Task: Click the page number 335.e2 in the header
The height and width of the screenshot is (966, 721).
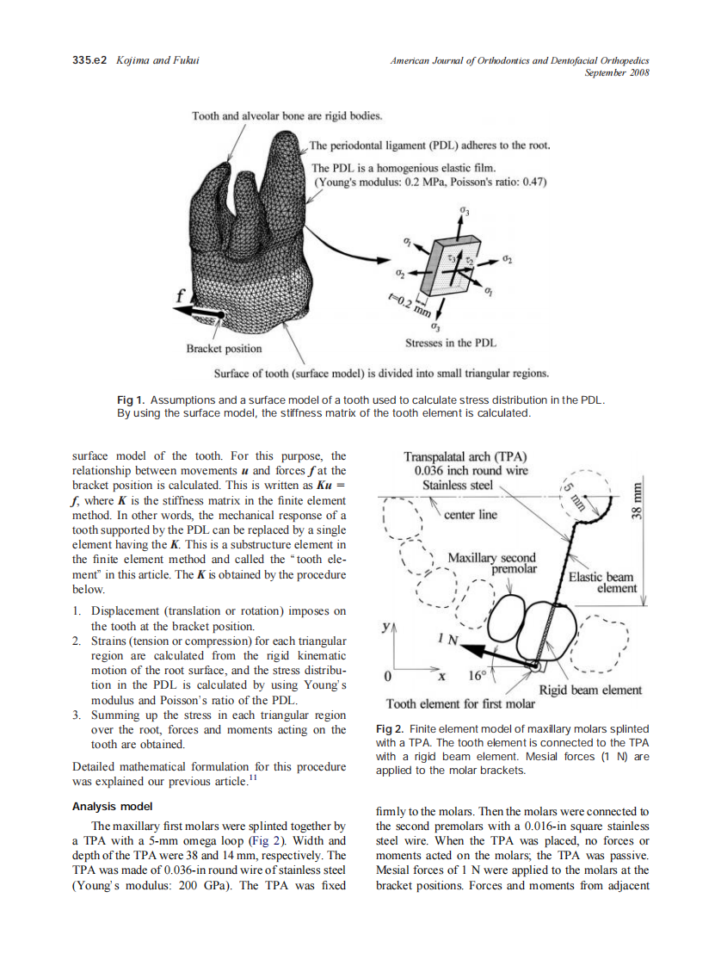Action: coord(89,60)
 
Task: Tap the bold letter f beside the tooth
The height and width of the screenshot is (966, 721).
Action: coord(180,294)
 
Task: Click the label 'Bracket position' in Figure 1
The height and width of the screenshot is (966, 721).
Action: coord(224,349)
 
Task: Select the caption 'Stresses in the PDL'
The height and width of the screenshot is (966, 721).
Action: coord(450,343)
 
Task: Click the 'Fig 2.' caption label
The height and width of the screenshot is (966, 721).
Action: coord(391,728)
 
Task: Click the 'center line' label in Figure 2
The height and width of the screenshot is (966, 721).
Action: coord(471,515)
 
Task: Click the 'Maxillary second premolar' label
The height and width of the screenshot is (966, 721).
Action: coord(491,564)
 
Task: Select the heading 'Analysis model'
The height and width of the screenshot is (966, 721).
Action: coord(112,807)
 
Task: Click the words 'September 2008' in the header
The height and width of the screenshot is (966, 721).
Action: coord(616,72)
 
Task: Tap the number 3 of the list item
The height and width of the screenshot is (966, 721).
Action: coord(77,715)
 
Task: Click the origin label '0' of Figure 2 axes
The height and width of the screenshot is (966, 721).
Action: coord(388,676)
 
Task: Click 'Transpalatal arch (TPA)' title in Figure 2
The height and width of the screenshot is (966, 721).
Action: coord(465,456)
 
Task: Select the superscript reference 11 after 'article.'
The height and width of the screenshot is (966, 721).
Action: coord(253,779)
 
